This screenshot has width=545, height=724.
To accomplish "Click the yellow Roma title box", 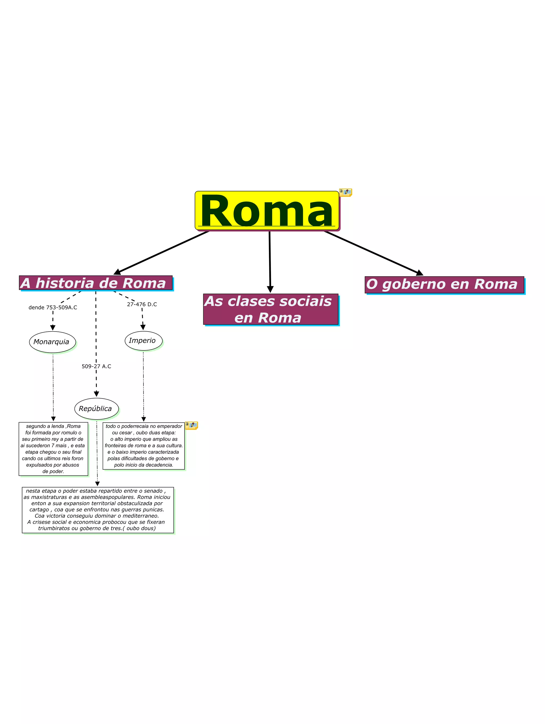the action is click(x=267, y=211).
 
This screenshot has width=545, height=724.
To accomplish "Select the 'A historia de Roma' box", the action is click(x=96, y=283).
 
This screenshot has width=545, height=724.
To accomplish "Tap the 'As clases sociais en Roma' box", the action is click(x=271, y=309).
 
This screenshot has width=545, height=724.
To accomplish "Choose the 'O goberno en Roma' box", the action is click(x=444, y=284).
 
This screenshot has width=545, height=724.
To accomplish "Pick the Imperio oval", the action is click(x=143, y=341).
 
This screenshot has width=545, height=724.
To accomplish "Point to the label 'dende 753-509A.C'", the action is click(x=53, y=307).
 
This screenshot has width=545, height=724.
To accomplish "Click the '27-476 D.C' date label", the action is click(x=142, y=304).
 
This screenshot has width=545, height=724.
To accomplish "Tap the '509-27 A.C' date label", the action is click(x=96, y=366).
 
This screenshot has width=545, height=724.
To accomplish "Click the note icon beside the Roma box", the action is click(x=345, y=192).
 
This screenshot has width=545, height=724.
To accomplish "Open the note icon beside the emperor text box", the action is click(x=191, y=425).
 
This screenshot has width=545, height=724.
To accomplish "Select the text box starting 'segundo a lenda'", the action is click(x=53, y=449).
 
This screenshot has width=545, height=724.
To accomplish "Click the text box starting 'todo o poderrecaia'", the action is click(x=143, y=445).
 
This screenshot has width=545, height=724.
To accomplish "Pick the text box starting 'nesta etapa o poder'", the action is click(x=98, y=510).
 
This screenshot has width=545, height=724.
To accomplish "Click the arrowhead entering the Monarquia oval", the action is click(x=53, y=328).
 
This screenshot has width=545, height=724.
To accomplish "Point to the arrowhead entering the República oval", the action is click(x=96, y=394).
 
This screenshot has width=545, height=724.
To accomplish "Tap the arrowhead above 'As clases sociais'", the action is click(x=270, y=289).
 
